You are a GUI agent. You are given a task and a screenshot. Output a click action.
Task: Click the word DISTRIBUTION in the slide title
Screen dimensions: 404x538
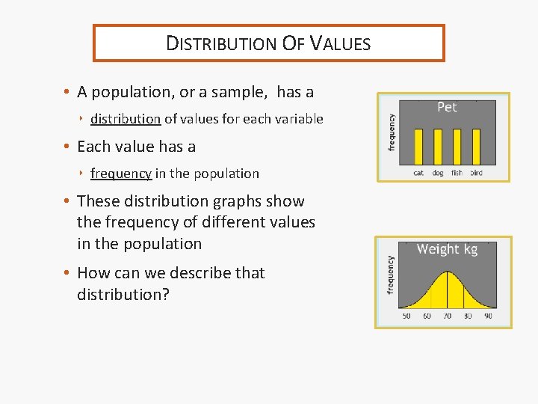[x=220, y=43]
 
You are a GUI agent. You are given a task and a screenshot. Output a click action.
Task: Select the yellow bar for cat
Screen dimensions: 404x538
[x=418, y=147]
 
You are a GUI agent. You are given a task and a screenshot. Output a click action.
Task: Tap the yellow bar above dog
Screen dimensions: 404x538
[x=438, y=147]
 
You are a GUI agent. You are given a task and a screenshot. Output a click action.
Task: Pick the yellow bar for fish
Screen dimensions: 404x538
[x=457, y=147]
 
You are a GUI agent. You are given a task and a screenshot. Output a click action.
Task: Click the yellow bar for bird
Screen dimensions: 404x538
[x=476, y=147]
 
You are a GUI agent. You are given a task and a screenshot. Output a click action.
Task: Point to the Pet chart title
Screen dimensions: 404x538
[x=447, y=108]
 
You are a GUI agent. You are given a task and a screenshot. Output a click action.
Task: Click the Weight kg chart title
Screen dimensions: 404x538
[x=447, y=249]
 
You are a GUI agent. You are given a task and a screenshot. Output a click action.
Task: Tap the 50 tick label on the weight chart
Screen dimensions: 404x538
[x=406, y=316]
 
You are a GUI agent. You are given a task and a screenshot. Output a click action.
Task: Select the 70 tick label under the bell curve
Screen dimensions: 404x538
[x=447, y=316]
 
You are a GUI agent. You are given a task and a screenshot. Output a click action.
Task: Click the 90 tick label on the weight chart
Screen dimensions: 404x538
[x=488, y=316]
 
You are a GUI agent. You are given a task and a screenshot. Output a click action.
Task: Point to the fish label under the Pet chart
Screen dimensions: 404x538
[x=457, y=173]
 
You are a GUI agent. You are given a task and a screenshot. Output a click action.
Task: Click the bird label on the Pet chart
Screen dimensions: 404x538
[x=476, y=173]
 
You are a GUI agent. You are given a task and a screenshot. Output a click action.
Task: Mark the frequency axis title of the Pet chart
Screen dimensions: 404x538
[x=392, y=132]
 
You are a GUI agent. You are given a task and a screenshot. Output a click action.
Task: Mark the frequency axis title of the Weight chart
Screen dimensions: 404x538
[x=390, y=275]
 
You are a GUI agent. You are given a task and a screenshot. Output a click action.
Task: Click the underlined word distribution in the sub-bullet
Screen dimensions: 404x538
[x=126, y=119]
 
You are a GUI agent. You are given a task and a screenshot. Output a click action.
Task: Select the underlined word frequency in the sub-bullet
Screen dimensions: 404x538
[x=121, y=174]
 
